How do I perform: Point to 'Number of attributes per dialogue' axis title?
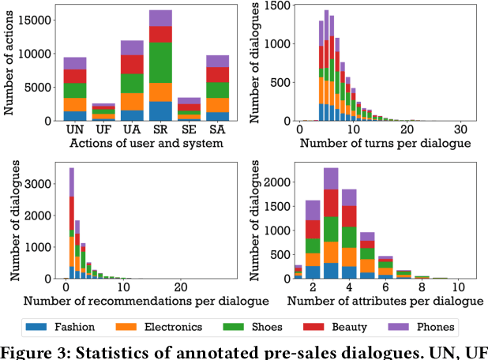coord(385,301)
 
